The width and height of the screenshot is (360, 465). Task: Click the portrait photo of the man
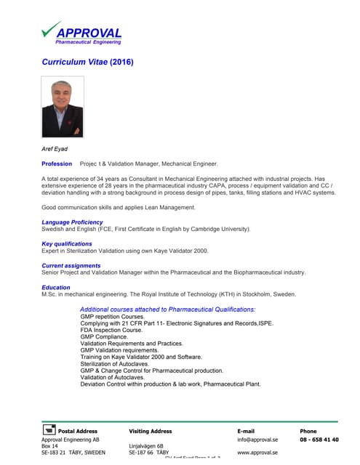pos(63,108)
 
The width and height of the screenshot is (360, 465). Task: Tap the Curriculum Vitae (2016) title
pos(88,62)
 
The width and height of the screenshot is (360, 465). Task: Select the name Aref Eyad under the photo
pos(55,149)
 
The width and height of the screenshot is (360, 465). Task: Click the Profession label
pos(57,164)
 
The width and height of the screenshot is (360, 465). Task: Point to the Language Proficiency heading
pos(72,222)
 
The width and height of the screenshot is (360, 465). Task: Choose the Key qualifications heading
pos(67,244)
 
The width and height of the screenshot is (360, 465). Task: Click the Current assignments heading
pos(71,266)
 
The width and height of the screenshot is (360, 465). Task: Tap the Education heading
pos(56,288)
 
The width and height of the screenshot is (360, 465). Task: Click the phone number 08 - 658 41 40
pos(319,440)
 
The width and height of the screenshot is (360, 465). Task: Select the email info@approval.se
pos(257,440)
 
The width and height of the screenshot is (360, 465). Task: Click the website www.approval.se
pos(257,453)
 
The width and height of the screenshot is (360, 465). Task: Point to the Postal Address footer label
pos(77,432)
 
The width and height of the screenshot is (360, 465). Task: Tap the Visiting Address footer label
pos(151,432)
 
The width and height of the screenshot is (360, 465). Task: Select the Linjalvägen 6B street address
pos(146,446)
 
